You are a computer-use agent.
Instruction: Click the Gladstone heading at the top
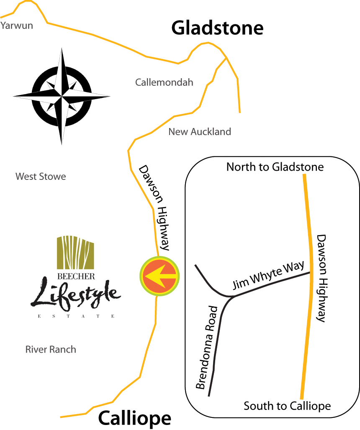(217, 28)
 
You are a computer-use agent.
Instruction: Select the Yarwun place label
(17, 26)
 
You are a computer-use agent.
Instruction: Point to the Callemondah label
(164, 82)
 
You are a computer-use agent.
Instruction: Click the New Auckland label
(200, 132)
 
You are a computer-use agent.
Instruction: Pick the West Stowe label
(41, 177)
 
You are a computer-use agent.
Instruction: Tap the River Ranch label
(51, 349)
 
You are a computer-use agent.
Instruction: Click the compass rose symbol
(62, 96)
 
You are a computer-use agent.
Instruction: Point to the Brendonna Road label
(207, 347)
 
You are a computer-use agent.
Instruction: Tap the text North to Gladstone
(275, 167)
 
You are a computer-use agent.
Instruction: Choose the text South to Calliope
(287, 406)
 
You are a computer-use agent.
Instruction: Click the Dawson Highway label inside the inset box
(321, 278)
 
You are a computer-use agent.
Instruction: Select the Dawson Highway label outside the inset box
(154, 207)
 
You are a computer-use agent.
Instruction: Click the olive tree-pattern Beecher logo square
(75, 252)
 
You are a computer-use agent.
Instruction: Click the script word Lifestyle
(75, 295)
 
